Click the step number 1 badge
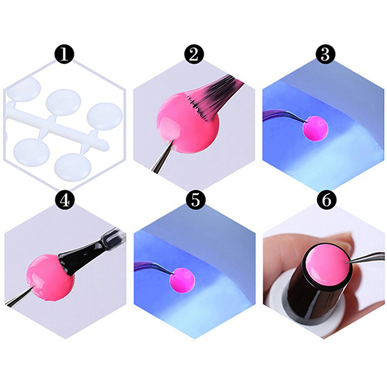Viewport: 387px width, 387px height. [x=64, y=54]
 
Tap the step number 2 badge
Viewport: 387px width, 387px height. [x=194, y=54]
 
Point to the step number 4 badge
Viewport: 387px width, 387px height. [x=65, y=200]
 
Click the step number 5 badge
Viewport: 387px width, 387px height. [x=195, y=200]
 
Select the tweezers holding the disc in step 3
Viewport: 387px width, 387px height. [x=284, y=116]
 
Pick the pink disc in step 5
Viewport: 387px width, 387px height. [x=183, y=281]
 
